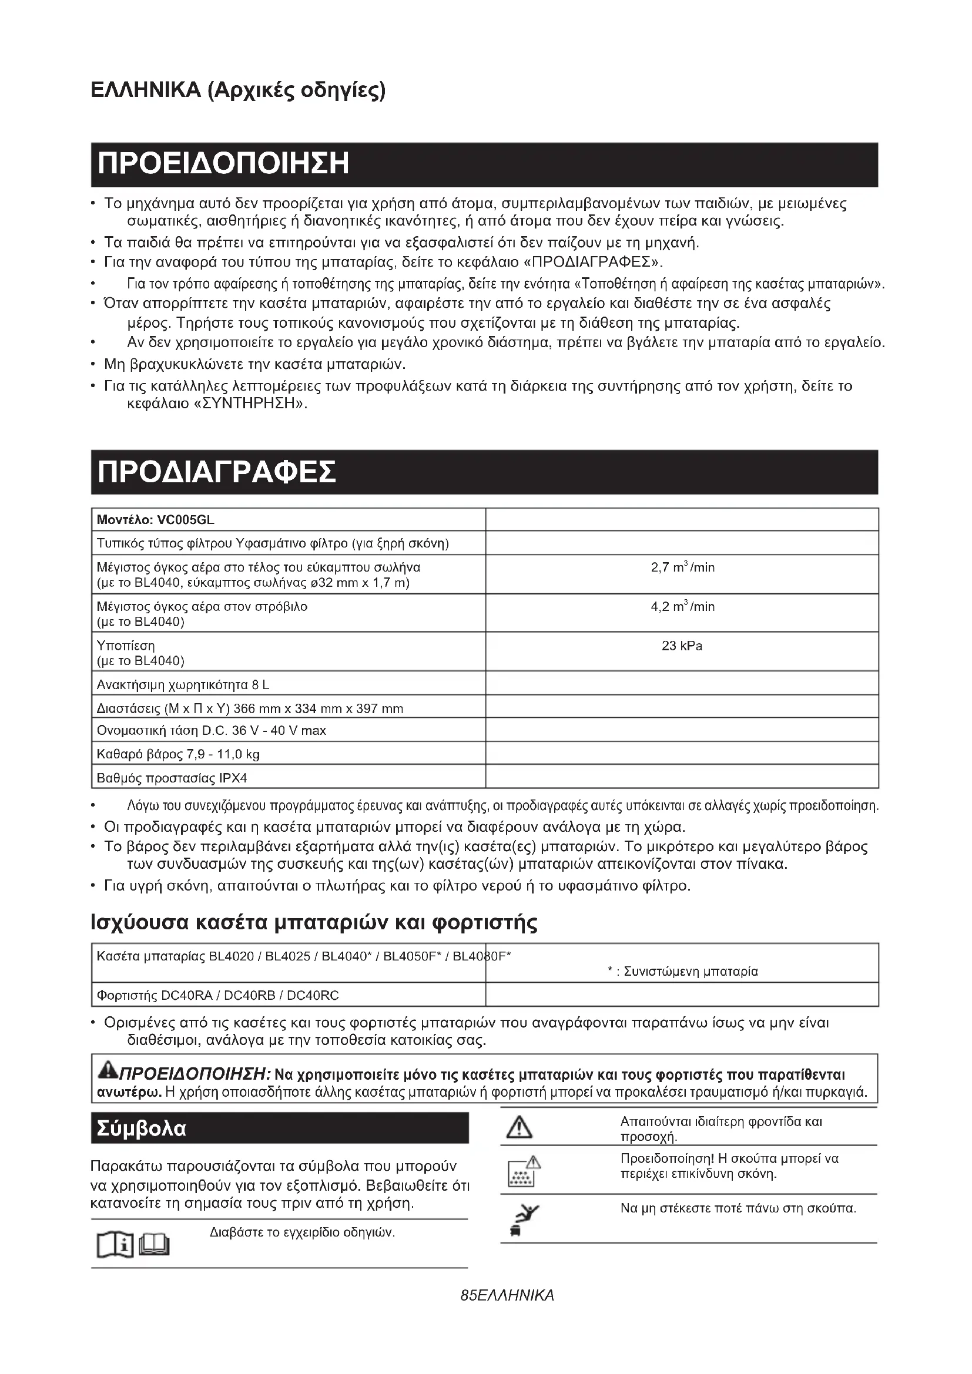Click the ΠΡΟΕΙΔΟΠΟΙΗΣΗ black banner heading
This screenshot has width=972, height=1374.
pos(223,164)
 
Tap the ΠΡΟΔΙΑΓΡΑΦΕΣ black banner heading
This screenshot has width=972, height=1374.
pos(217,472)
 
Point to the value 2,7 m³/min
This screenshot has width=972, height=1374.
pos(682,567)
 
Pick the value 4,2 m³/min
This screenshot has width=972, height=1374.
pos(682,607)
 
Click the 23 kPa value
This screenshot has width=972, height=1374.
pos(682,646)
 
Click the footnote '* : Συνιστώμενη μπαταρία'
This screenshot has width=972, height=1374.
pos(682,971)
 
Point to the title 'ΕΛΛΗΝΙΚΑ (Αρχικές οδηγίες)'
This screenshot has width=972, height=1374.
pos(238,90)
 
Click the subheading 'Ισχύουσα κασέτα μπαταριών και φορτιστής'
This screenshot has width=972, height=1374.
pos(314,922)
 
